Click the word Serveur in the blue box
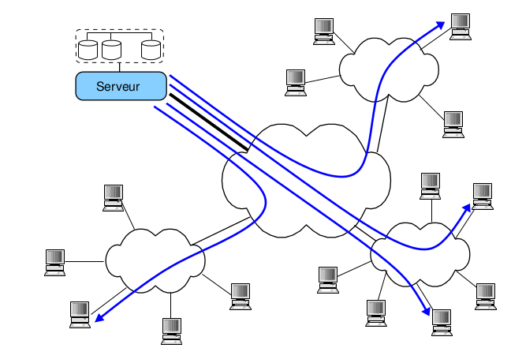coord(117,86)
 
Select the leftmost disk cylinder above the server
coord(88,49)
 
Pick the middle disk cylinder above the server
coord(111,49)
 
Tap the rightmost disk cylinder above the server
coord(151,49)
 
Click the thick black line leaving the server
coord(209,122)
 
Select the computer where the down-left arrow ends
coord(80,313)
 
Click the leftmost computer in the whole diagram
coord(54,261)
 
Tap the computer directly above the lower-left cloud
coord(114,196)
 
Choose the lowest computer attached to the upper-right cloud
coord(453,124)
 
